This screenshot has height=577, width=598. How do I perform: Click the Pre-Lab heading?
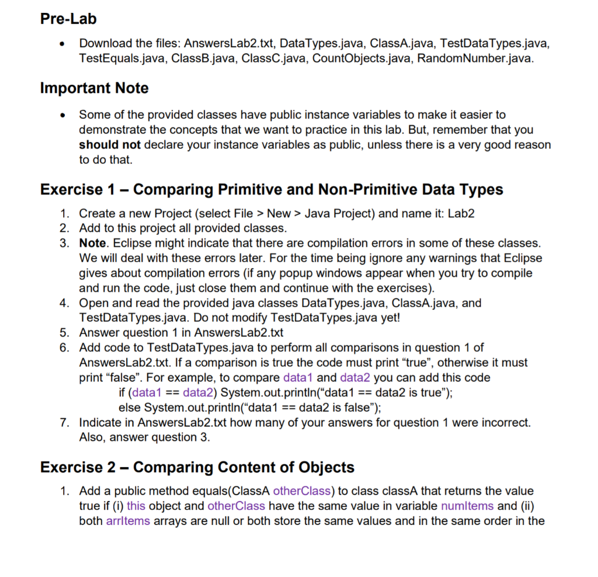tap(68, 19)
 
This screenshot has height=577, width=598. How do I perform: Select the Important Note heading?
tap(94, 88)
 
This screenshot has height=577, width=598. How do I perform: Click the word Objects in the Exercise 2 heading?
tap(326, 467)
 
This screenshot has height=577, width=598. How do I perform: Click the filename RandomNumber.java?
tap(475, 59)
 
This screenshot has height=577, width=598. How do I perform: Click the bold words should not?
tap(110, 144)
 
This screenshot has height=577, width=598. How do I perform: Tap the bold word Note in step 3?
tap(92, 242)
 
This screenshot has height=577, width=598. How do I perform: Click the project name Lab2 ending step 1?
tap(461, 213)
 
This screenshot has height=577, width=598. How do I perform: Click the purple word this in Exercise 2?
tap(136, 506)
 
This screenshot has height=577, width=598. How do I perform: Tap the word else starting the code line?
tap(128, 407)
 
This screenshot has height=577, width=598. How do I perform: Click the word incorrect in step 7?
tap(506, 422)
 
